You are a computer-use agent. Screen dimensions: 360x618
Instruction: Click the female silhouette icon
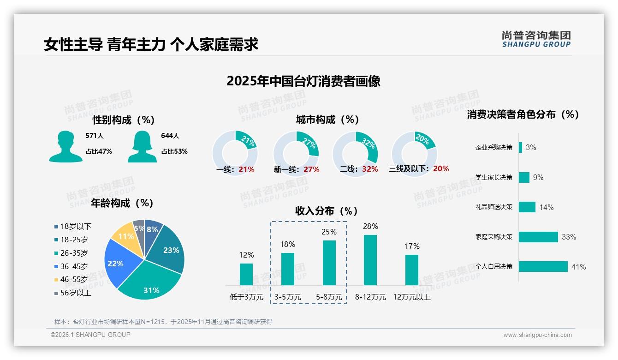(x=142, y=147)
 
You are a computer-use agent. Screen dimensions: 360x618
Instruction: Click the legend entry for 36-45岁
(x=74, y=266)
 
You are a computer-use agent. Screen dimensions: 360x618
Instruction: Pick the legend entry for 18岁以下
(x=76, y=226)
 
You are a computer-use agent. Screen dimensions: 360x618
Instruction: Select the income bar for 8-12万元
(x=370, y=260)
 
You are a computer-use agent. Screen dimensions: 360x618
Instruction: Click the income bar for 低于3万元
(x=246, y=274)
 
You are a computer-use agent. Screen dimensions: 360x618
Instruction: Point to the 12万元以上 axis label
(x=411, y=297)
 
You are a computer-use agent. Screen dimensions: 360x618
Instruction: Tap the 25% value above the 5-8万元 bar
(x=329, y=232)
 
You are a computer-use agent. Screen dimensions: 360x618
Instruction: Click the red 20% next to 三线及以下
(x=441, y=169)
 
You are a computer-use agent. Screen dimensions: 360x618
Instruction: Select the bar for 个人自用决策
(x=543, y=267)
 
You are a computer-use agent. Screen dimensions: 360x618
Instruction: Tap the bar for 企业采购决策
(x=520, y=147)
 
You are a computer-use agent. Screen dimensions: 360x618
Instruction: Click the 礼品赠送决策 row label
(x=494, y=207)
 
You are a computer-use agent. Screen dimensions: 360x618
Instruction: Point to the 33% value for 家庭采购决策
(x=569, y=237)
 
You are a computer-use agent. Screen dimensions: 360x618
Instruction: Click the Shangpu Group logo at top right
(x=536, y=39)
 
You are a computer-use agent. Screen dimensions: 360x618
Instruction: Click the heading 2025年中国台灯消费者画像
(x=303, y=81)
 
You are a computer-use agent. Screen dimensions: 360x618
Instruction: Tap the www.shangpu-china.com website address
(x=537, y=335)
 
